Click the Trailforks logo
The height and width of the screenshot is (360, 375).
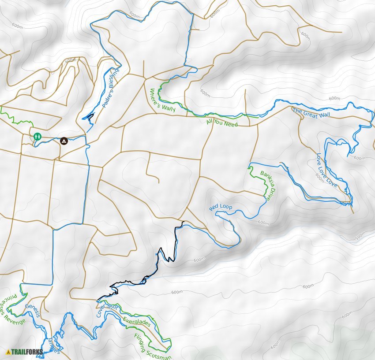tap(25, 352)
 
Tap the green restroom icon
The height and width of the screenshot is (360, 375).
tap(37, 137)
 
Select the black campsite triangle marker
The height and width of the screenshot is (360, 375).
tap(64, 141)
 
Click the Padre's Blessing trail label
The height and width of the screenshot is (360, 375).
tap(110, 88)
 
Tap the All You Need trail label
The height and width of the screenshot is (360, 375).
tap(222, 123)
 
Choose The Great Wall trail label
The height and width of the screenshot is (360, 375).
tap(311, 113)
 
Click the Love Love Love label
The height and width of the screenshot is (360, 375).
tap(327, 170)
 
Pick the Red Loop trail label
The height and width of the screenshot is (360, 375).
tap(221, 207)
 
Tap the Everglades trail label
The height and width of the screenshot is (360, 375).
tap(137, 322)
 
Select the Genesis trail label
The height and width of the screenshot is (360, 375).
tap(33, 311)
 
